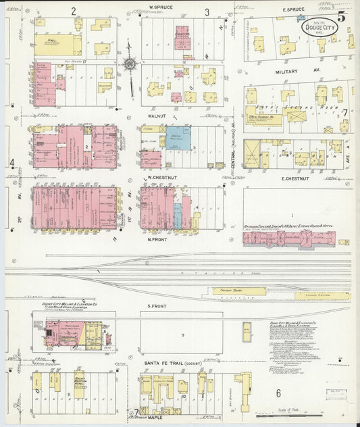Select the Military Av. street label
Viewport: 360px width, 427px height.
pyautogui.click(x=291, y=70)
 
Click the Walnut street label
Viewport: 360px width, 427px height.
pyautogui.click(x=157, y=116)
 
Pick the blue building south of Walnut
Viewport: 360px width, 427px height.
pyautogui.click(x=178, y=139)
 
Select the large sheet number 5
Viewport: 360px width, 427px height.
pyautogui.click(x=342, y=17)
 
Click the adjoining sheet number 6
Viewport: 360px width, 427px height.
pyautogui.click(x=278, y=393)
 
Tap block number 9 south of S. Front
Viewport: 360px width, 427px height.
pyautogui.click(x=182, y=335)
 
